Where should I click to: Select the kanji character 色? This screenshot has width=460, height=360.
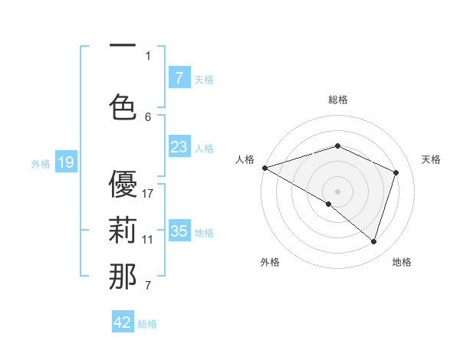coord(123,108)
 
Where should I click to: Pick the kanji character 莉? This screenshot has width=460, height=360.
coord(123,231)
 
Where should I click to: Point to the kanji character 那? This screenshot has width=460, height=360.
coord(123,277)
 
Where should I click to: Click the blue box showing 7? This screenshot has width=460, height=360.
coord(179,78)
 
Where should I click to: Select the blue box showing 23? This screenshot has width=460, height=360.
coord(179,147)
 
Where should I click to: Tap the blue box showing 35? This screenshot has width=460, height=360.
coord(179,231)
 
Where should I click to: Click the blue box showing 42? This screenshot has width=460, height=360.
coord(123,322)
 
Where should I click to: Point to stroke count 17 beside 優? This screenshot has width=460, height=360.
coord(148,193)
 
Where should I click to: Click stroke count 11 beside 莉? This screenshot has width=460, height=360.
coord(148,239)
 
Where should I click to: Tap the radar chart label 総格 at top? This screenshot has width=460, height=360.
coord(337,100)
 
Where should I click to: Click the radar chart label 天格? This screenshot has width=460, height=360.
coord(431,159)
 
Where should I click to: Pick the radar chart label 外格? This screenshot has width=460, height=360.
coord(270,262)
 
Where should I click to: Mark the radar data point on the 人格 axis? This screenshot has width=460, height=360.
coord(264,168)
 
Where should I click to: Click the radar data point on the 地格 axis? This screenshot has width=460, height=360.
coord(373,241)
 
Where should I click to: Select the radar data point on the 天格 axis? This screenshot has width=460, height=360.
coord(396,172)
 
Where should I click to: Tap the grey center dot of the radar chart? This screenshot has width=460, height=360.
coord(337,191)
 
